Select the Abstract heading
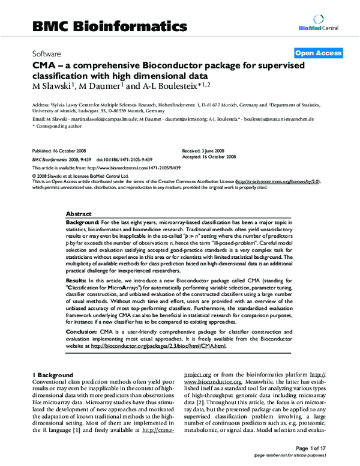[78, 214]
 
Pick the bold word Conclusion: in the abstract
[82, 331]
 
